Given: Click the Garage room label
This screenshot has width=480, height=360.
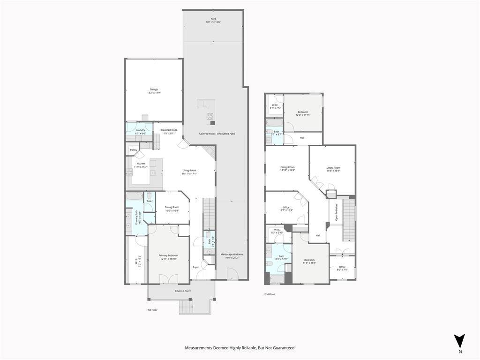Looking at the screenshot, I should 154,91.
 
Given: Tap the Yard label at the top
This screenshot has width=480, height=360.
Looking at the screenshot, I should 213,21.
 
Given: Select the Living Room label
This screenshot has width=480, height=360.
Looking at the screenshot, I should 189,172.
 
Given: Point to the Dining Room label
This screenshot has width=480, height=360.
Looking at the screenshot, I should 172,209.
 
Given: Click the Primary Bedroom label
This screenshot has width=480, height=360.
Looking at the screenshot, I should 169,257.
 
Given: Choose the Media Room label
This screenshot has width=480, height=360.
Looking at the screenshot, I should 333,169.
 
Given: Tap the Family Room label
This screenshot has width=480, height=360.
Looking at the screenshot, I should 287,168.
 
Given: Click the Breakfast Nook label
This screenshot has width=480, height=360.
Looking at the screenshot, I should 169,131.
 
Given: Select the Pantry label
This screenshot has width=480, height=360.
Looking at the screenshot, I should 134,150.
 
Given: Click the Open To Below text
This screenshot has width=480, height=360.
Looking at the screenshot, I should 336,212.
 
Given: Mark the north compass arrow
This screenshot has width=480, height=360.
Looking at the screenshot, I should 460,341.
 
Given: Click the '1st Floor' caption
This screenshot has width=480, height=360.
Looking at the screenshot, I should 152,310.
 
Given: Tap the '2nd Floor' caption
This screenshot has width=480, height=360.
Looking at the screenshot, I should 269,294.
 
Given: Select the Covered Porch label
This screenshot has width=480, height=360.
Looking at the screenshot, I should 183,291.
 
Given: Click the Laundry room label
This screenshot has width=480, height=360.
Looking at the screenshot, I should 140,132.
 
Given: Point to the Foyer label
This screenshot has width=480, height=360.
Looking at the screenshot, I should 195,267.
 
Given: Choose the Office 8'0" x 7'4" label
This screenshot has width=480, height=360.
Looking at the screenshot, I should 342,268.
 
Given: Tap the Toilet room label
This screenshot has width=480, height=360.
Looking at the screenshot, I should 150,201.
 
